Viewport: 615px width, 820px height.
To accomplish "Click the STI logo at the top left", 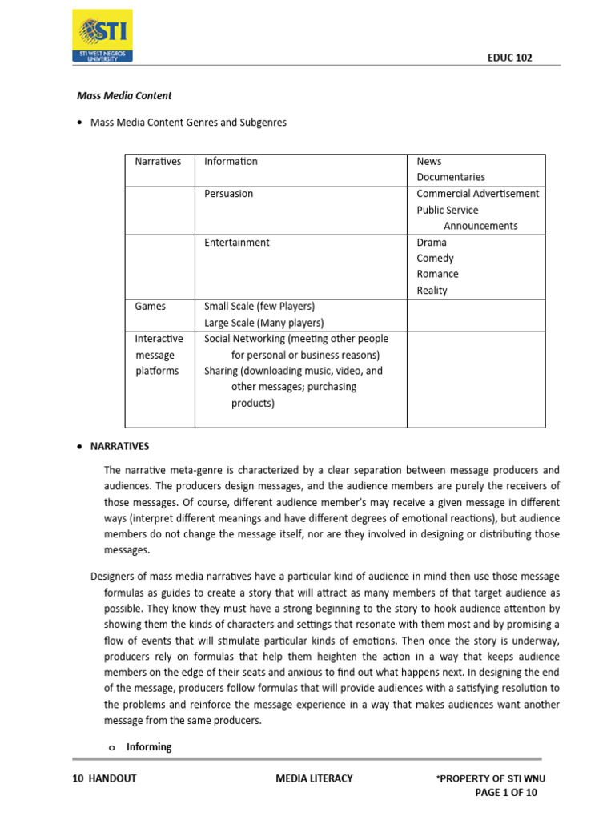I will point(102,36).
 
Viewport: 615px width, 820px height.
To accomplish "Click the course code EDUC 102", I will point(509,58).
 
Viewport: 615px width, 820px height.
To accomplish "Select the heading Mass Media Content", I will point(124,95).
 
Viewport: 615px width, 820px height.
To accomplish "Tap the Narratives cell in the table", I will point(158,161).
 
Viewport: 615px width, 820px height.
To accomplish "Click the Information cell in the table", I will point(231,161).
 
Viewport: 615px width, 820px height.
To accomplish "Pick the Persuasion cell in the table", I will point(228,194).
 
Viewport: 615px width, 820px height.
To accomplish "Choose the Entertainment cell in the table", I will point(236,242).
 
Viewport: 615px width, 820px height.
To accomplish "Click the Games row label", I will point(151,306).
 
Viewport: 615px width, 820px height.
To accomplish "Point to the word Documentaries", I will point(450,177).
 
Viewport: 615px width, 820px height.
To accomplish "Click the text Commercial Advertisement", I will point(477,194).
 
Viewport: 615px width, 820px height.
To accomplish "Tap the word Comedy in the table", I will point(435,258).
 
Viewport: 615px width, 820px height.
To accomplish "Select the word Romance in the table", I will point(437,274).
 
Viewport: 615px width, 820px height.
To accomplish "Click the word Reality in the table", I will point(432,290).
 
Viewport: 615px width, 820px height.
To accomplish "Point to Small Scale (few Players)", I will point(259,306).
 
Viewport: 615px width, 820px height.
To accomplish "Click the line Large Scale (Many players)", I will point(263,323).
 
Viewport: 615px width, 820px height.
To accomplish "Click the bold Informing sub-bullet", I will point(149,746).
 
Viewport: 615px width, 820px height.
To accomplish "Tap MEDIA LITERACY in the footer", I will point(314,778).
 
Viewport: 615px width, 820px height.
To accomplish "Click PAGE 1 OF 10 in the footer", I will point(506,793).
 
